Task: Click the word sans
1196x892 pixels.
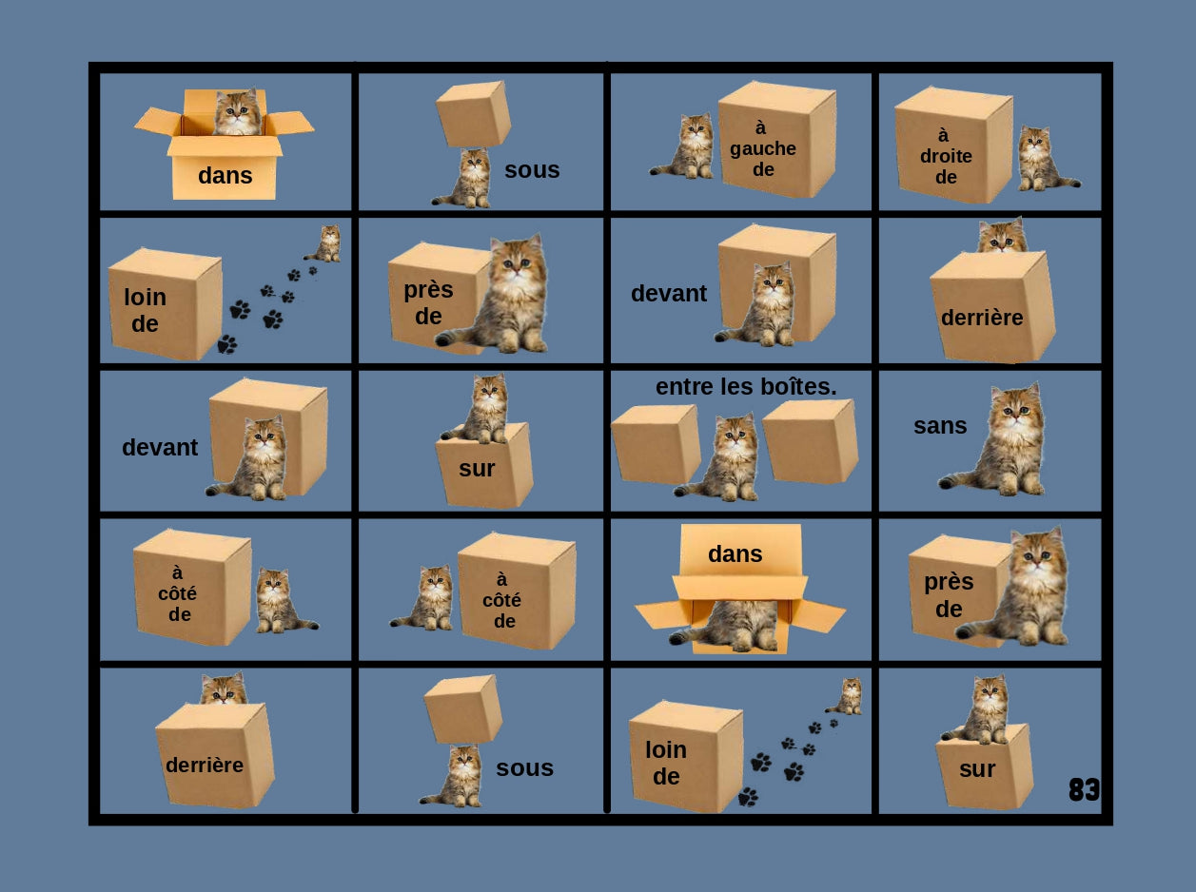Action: (x=940, y=426)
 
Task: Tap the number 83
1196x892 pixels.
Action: (x=1084, y=789)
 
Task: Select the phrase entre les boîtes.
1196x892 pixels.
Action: (x=745, y=387)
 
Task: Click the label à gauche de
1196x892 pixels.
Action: (x=763, y=148)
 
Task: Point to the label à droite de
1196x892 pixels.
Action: (x=946, y=156)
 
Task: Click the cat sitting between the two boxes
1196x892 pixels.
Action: (x=729, y=457)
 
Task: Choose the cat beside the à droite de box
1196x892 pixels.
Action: (x=1041, y=159)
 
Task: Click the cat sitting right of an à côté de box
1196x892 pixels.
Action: (x=278, y=601)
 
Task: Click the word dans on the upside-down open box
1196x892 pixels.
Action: (x=735, y=553)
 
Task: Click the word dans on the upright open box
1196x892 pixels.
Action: (x=225, y=176)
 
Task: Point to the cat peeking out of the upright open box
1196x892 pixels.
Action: (x=237, y=113)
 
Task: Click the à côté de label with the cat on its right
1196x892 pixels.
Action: (x=180, y=593)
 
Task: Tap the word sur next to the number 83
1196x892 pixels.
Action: (x=977, y=769)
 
